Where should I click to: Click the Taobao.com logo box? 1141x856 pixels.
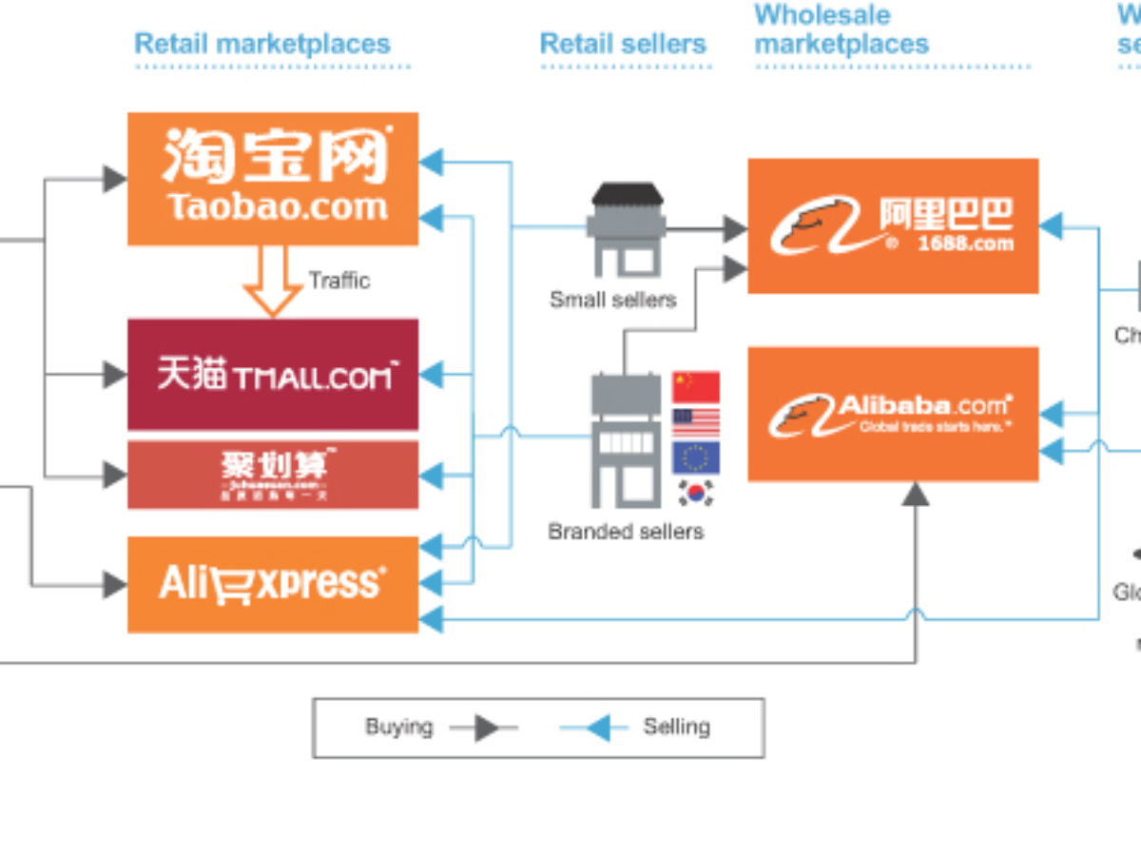pos(273,179)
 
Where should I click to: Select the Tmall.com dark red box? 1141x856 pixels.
pos(273,375)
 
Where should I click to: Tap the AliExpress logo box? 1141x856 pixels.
pos(273,584)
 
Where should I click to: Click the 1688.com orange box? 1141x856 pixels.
pos(893,225)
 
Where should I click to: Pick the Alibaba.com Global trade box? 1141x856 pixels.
pos(893,414)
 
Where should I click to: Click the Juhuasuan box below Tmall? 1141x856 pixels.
pos(273,475)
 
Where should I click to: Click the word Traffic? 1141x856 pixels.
pos(338,281)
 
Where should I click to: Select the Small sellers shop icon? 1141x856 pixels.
pos(625,229)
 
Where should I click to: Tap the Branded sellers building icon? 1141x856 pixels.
pos(625,440)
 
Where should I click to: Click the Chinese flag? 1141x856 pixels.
pos(696,387)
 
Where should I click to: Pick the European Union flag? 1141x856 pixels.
pos(696,457)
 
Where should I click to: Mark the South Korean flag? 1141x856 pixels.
pos(696,493)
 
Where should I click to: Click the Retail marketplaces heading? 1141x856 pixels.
pos(262,44)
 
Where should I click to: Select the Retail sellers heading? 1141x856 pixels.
pos(623,44)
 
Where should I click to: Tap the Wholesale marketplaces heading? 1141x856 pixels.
pos(841,29)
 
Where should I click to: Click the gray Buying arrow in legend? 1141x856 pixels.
pos(486,729)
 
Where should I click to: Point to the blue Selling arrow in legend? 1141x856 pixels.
pos(597,729)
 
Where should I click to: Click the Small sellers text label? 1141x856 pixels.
pos(613,300)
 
